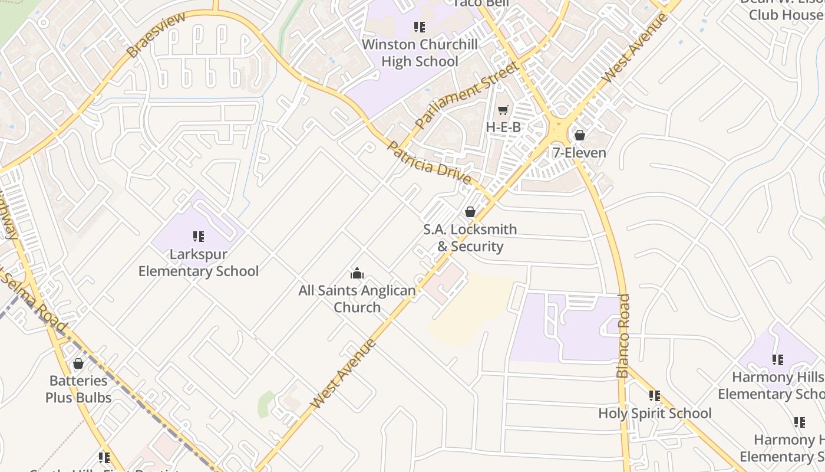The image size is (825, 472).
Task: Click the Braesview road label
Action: point(156,35)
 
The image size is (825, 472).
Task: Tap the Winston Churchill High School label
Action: point(420,53)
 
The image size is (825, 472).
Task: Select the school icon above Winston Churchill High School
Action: point(419,27)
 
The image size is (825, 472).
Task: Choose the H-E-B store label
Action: point(503,127)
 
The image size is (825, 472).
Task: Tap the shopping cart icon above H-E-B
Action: point(503,110)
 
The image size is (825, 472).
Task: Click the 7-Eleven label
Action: point(579,153)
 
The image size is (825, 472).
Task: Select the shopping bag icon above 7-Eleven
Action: point(579,136)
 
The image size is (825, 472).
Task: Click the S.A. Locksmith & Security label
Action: point(470,238)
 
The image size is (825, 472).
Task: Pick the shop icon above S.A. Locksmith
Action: point(470,212)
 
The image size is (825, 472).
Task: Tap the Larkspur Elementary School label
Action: point(199,263)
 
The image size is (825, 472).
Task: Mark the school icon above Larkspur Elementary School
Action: point(199,237)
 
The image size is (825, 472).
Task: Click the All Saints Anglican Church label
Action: point(357,299)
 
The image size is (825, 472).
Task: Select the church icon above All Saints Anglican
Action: point(357,273)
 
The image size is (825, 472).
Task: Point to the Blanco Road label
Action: point(623,336)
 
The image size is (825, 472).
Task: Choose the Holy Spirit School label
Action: point(655,413)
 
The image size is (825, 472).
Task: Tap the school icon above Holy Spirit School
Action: point(655,395)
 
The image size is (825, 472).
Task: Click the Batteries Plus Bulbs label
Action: point(78,389)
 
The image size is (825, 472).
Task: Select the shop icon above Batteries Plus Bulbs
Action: point(78,363)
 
